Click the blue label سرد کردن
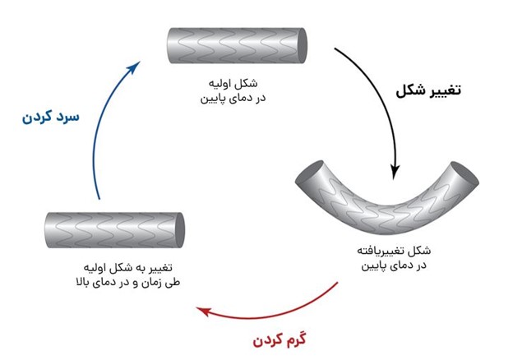(51, 117)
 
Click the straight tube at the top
(238, 46)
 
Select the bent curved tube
(386, 202)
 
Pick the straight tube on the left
(114, 230)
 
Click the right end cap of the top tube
(303, 46)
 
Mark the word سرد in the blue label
(67, 117)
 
